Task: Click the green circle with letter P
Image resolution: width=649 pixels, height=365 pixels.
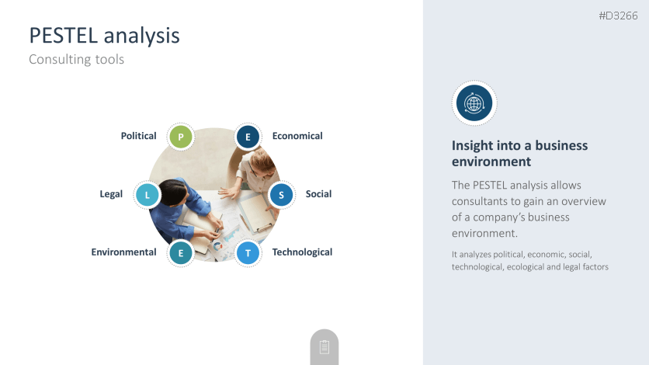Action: click(x=181, y=137)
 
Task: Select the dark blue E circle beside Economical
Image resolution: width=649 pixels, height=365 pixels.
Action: click(x=248, y=137)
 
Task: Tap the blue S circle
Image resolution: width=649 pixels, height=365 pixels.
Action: click(x=282, y=195)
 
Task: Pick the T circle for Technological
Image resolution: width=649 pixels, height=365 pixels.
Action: click(x=248, y=253)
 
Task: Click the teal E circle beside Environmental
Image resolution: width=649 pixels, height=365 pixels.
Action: click(x=181, y=253)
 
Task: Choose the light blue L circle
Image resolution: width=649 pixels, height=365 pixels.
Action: click(x=147, y=195)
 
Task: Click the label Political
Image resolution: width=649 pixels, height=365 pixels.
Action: click(x=139, y=136)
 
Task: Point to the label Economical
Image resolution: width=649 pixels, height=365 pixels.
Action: click(x=297, y=136)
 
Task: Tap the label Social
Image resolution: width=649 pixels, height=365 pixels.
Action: click(x=318, y=193)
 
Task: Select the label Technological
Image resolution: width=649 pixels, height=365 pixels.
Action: click(x=302, y=252)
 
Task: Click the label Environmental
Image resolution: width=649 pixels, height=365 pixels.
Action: click(x=123, y=252)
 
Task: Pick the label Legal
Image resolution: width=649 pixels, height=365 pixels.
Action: click(x=111, y=194)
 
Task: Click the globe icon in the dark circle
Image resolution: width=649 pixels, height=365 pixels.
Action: click(x=474, y=103)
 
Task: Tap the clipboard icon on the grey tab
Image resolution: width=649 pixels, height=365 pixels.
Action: click(x=324, y=347)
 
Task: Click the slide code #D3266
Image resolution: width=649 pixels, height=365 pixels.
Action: click(x=618, y=16)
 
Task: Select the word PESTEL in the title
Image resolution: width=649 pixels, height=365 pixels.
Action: click(x=64, y=35)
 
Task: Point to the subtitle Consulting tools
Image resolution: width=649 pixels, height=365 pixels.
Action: click(x=77, y=59)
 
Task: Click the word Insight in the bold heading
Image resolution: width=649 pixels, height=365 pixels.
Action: click(x=471, y=146)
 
